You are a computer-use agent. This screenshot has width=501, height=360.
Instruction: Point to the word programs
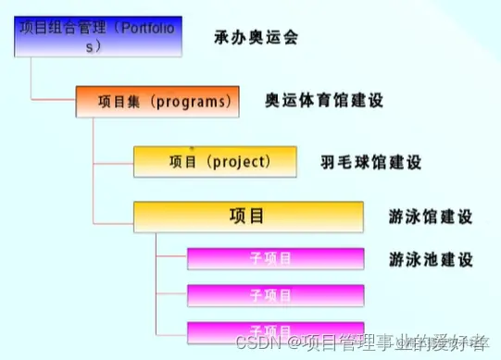coord(189,99)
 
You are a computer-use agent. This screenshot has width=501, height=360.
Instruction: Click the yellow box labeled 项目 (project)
coord(215,161)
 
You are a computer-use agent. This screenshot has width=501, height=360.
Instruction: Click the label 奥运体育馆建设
coord(323,99)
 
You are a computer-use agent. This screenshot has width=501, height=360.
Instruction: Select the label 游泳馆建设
coord(431,217)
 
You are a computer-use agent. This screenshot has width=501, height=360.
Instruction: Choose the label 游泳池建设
coord(431,258)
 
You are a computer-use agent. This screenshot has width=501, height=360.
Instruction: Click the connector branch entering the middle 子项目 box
coord(171,296)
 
